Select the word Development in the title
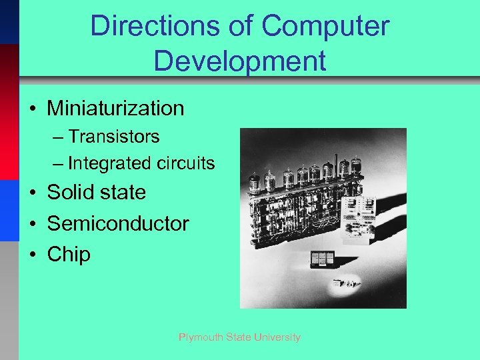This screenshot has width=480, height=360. [239, 61]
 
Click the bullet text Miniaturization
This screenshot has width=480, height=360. [115, 108]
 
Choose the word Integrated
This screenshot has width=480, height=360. [109, 163]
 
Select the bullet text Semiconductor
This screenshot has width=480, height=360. [118, 223]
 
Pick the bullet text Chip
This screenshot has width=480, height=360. [69, 254]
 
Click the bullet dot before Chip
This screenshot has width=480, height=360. [32, 254]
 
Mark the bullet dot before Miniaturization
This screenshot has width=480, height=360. [32, 108]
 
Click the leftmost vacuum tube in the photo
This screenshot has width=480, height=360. [254, 182]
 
